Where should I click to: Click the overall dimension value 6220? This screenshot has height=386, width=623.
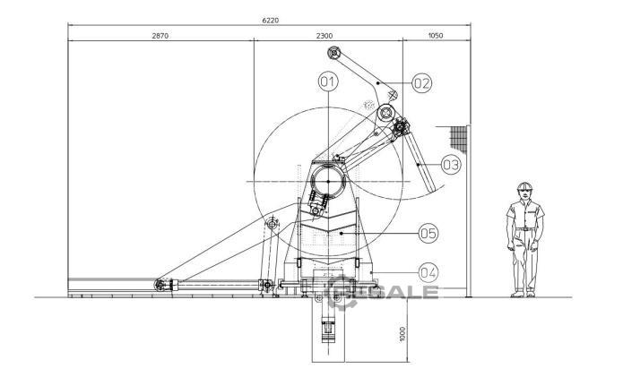[270, 20]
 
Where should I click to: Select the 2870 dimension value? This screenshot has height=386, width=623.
[160, 35]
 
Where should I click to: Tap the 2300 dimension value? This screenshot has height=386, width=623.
[324, 35]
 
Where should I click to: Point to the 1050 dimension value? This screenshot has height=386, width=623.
[436, 35]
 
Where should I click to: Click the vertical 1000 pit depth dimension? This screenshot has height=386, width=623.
[402, 334]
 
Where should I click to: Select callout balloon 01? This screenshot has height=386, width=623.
[328, 81]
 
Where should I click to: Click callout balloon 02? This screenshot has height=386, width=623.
[421, 83]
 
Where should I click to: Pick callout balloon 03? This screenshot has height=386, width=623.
[451, 164]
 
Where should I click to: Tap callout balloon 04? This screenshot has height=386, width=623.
[428, 272]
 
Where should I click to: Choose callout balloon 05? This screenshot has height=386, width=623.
[428, 233]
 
